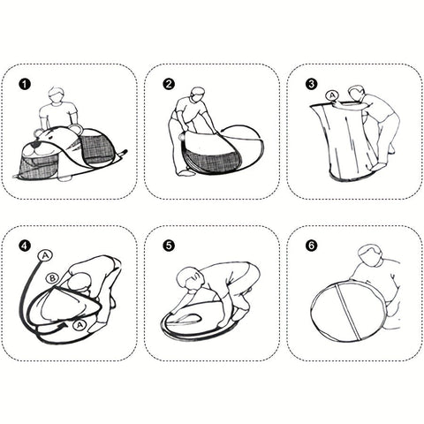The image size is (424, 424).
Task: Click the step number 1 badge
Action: point(25,85)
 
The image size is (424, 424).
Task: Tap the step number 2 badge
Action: point(169,85)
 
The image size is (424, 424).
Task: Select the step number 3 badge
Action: point(312,85)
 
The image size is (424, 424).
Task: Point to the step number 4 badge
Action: point(25,246)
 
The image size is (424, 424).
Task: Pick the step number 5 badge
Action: point(169,246)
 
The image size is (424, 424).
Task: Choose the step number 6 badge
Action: point(312,246)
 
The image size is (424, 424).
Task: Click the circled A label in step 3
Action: point(332,95)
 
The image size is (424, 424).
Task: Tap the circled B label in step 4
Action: point(52,278)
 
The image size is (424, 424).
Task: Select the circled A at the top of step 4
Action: point(45,255)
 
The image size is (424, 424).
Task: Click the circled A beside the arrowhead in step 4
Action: point(79,325)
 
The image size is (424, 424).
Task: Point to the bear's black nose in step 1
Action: point(35,146)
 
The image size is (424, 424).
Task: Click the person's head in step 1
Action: point(56,95)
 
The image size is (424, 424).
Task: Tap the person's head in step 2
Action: point(198,95)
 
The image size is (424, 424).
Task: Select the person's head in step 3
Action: point(356,94)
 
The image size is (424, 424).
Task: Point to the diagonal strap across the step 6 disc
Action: point(348,312)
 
